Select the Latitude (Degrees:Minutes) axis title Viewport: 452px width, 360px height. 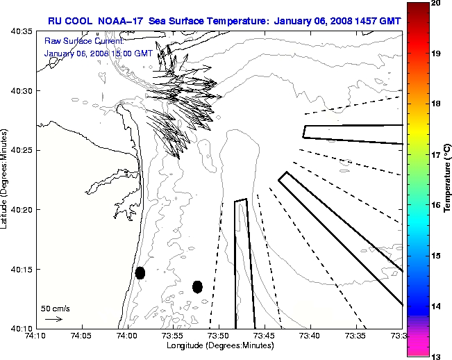(x=6, y=179)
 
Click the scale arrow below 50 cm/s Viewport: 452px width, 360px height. (x=53, y=319)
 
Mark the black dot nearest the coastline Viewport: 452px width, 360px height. (x=140, y=272)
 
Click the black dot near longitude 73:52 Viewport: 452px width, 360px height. (x=197, y=286)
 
